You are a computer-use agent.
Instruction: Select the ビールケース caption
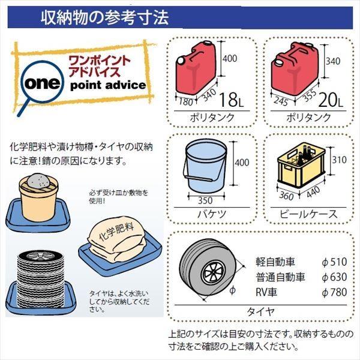click(308, 214)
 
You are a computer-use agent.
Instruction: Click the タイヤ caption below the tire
click(260, 311)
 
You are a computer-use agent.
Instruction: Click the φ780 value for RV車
click(334, 293)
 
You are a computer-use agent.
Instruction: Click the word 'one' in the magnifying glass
click(40, 84)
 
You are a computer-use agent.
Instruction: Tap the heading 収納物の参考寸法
click(104, 16)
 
